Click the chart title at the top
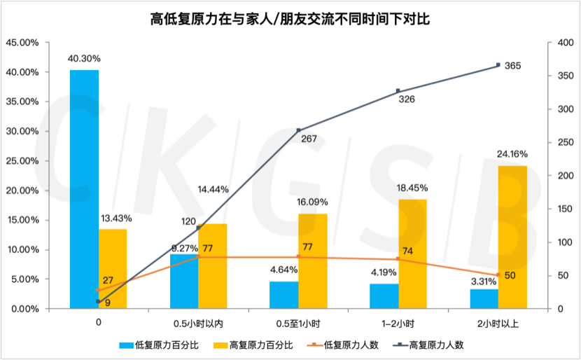(290, 17)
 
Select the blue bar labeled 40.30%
(84, 189)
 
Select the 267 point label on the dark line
(309, 139)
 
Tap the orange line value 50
(510, 275)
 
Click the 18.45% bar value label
(413, 188)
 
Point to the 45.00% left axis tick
(23, 43)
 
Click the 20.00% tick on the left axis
(23, 191)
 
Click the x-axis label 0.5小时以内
(198, 323)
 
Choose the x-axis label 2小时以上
(498, 323)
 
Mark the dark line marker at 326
(398, 91)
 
